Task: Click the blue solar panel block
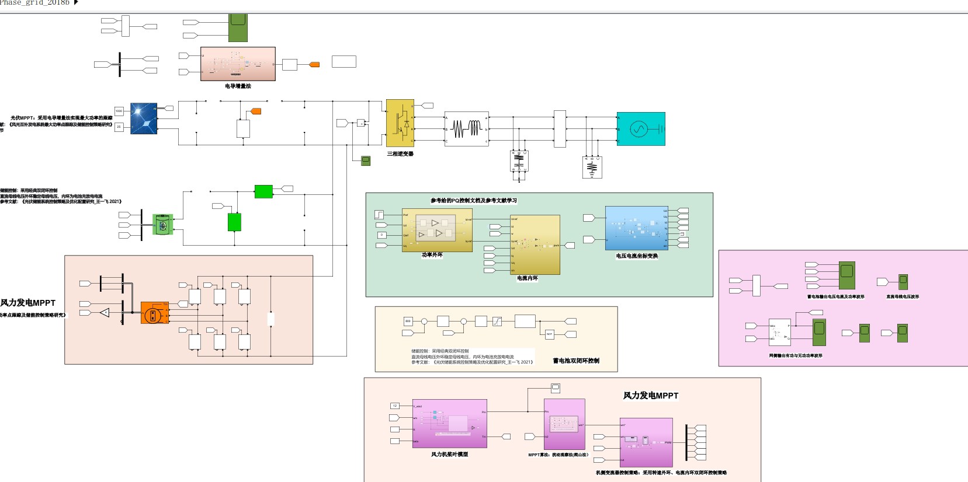[144, 118]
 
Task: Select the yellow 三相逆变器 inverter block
[400, 123]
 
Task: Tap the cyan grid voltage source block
[641, 129]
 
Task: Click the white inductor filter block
[466, 129]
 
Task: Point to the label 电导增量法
[238, 86]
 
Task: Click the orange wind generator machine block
[155, 313]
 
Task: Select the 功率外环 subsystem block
[437, 230]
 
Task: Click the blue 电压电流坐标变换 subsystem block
[636, 228]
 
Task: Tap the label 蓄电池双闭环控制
[576, 361]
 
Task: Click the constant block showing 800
[408, 321]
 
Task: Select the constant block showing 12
[394, 406]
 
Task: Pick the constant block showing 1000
[119, 111]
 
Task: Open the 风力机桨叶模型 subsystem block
[450, 424]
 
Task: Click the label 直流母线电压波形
[903, 297]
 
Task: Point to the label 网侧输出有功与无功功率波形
[796, 355]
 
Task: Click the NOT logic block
[549, 334]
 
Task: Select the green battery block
[163, 225]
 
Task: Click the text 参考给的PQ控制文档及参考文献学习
[474, 201]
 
